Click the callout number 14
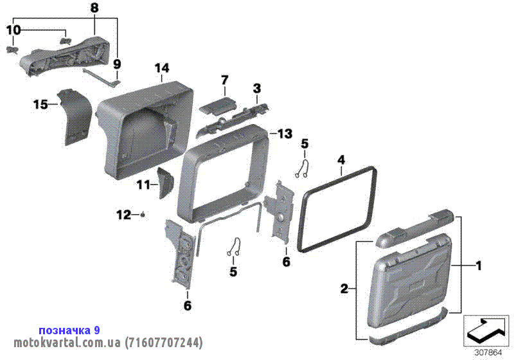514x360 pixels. click(162, 68)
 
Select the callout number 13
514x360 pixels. click(285, 134)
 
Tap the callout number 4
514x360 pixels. click(341, 160)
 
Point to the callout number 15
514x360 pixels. click(40, 105)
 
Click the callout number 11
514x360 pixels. click(143, 185)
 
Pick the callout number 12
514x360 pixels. click(123, 215)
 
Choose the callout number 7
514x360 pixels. click(224, 80)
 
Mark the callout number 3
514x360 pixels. click(256, 88)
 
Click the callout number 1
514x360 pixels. click(479, 265)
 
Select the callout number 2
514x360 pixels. click(344, 289)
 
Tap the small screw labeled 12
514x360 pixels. click(143, 215)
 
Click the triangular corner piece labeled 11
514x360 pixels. click(166, 183)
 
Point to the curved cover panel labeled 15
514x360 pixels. click(75, 116)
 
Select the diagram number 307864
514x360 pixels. click(488, 353)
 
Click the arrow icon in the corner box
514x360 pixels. click(486, 330)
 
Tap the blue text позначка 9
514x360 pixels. click(69, 330)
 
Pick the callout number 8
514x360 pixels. click(94, 8)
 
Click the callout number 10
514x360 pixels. click(13, 30)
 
